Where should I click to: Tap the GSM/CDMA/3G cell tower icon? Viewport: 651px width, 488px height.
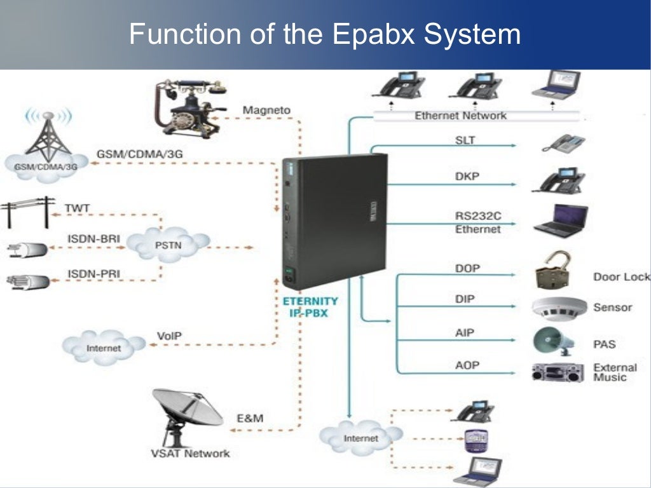[48, 140]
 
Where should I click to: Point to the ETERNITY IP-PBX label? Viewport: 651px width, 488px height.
[310, 307]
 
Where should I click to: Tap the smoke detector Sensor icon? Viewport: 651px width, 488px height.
[559, 308]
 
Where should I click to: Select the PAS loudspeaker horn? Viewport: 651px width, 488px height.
[553, 341]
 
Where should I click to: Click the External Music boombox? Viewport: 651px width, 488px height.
[557, 372]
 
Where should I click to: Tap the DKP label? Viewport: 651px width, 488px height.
[467, 177]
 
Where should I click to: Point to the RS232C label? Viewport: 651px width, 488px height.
[474, 215]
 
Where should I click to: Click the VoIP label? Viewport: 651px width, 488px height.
[168, 335]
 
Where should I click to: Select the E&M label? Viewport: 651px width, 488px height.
[249, 418]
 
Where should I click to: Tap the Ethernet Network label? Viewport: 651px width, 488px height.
[460, 116]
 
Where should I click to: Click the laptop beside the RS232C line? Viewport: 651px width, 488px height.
[560, 220]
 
